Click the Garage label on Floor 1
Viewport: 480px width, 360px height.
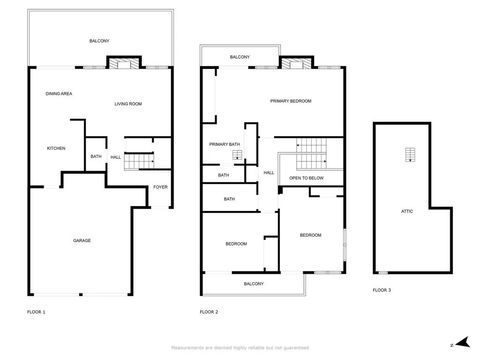(81, 241)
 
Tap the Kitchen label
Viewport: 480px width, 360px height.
(56, 149)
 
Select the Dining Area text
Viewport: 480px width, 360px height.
(58, 94)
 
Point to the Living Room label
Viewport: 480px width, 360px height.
(127, 104)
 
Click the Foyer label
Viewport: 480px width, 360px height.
(159, 187)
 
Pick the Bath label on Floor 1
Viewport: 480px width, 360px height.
(96, 156)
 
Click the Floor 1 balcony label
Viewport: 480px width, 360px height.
(99, 41)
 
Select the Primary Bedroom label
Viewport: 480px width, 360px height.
(291, 101)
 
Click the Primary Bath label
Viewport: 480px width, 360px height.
(224, 144)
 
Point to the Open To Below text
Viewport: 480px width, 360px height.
(306, 177)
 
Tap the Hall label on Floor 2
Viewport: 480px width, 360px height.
(269, 173)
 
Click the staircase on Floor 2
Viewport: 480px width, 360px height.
(314, 150)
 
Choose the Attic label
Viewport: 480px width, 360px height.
(407, 211)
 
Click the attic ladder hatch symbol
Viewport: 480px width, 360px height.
(408, 153)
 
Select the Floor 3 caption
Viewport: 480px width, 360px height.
(382, 289)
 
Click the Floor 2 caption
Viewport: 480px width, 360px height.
(208, 312)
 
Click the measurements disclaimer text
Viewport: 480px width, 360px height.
(239, 347)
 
